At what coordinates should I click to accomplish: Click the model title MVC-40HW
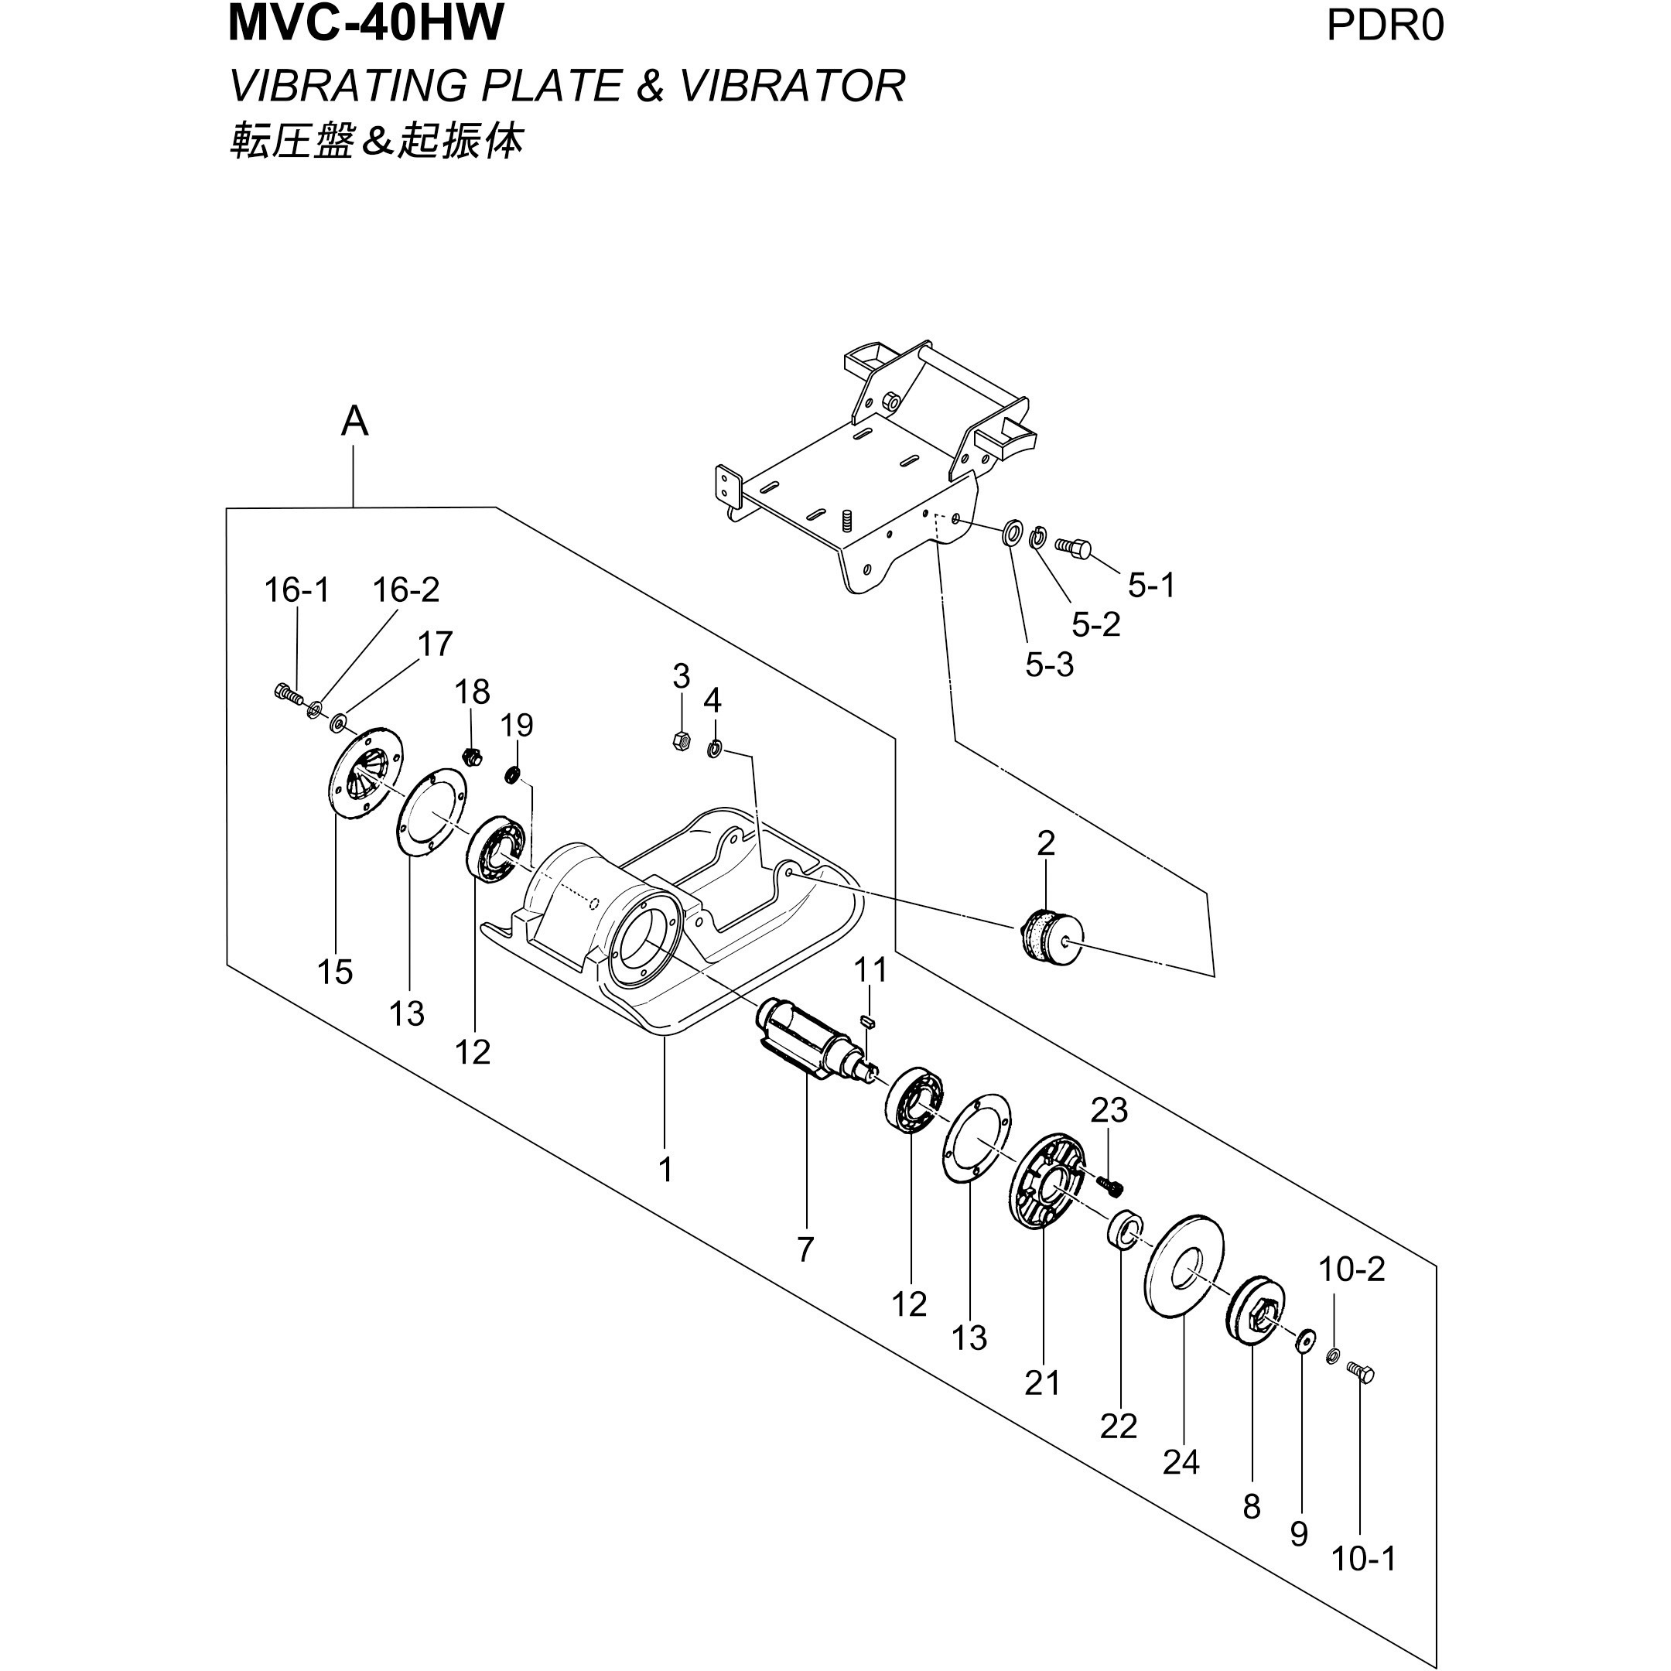[365, 24]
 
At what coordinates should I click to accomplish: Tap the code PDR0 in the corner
[1385, 26]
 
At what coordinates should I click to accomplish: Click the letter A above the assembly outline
[354, 422]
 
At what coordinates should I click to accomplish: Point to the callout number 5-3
[1049, 665]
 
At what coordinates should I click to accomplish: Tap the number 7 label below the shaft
[805, 1249]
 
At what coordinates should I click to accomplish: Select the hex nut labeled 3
[681, 740]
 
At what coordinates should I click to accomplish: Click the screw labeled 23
[1109, 1182]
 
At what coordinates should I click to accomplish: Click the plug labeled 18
[471, 755]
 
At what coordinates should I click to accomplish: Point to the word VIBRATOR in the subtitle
[792, 86]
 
